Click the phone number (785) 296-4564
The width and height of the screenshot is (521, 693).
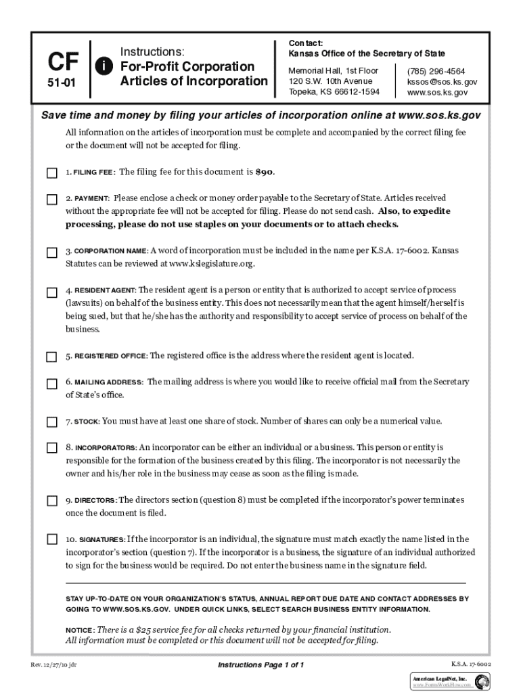click(x=435, y=71)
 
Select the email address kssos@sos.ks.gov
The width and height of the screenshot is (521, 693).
click(x=442, y=82)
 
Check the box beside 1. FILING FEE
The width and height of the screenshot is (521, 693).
click(x=52, y=173)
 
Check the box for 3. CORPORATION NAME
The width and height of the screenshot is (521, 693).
click(x=52, y=252)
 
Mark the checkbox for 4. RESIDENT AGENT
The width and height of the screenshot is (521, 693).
click(x=52, y=292)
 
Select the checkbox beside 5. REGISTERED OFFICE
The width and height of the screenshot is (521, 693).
click(x=52, y=357)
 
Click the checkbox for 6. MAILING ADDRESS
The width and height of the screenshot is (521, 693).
click(x=52, y=384)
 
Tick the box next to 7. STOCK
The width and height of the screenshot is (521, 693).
click(x=52, y=422)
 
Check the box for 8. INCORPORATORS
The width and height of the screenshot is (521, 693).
click(x=52, y=448)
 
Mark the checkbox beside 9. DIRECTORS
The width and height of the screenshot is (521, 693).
click(x=52, y=501)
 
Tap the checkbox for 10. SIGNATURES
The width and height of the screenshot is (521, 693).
click(x=52, y=540)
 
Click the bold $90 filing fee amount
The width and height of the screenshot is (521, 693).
click(x=265, y=173)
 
